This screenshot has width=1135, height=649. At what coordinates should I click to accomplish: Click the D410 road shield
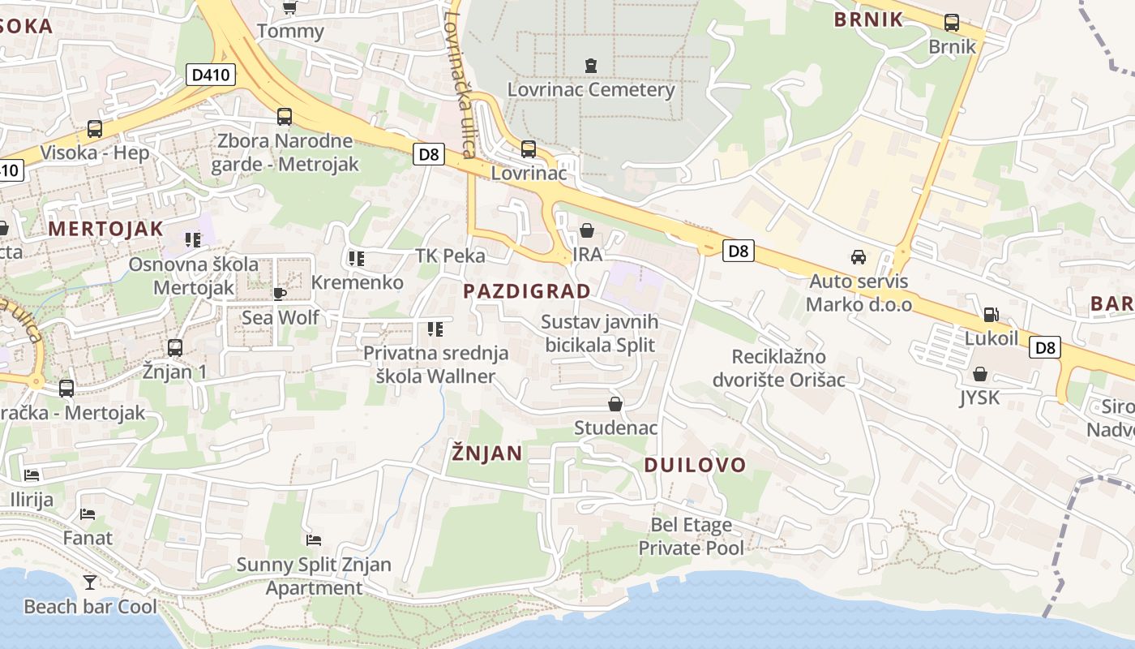coord(210,75)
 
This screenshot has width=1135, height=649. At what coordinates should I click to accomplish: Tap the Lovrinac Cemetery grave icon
coord(591,65)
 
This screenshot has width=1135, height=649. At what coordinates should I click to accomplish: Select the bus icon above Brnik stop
coord(952,23)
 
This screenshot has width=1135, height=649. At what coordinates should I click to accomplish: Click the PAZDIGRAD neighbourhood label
coord(527,291)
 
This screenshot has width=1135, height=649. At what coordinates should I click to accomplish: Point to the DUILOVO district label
coord(695,465)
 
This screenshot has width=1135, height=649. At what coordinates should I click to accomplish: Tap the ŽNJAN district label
coord(486,453)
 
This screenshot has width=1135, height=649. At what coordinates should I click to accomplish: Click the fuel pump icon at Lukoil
coord(991,314)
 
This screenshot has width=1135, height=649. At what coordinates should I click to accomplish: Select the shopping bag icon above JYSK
coord(979,374)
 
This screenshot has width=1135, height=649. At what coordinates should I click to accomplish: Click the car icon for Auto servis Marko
coord(858,257)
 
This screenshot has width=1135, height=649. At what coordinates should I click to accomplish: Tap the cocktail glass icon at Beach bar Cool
coord(89,582)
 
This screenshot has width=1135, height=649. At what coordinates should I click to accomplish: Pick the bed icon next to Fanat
coord(88,514)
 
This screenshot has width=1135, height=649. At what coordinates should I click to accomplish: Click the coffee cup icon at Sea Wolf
coord(280,293)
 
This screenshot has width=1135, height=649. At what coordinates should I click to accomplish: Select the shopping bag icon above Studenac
coord(615,403)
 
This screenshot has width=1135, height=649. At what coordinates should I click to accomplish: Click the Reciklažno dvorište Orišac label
coord(778,368)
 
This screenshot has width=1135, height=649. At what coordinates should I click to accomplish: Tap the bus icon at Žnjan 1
coord(174,348)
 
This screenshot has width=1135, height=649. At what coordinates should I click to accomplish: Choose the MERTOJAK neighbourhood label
coord(105,229)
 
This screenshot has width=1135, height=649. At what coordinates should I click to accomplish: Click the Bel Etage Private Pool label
coord(691,536)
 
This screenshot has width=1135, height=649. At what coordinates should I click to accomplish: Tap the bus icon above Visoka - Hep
coord(95,128)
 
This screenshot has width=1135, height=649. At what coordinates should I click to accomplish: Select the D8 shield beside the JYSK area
coord(1045,348)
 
